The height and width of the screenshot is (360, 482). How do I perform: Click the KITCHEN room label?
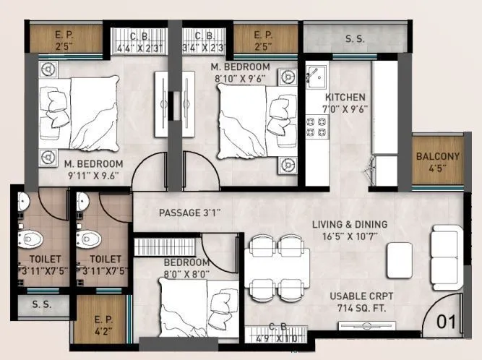345,97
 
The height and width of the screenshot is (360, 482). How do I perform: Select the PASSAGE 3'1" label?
190,213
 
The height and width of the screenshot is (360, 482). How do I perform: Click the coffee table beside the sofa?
399,257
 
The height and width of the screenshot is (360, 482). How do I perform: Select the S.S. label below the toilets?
41,304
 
